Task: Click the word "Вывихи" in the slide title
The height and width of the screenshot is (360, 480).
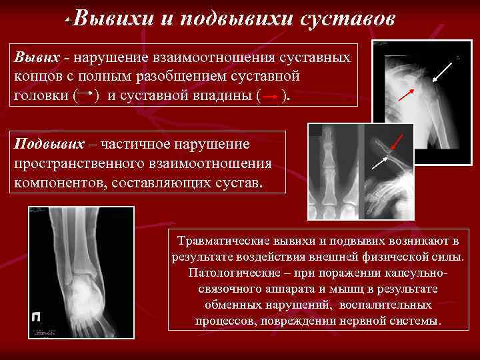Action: click(x=114, y=19)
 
